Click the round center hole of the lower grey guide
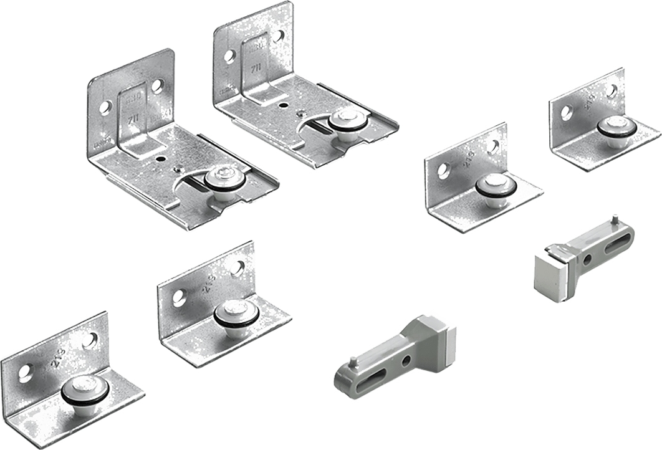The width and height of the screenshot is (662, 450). (x=406, y=361)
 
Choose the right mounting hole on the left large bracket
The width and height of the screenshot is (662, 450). (x=156, y=85)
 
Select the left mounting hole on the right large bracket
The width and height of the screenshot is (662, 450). (x=229, y=56)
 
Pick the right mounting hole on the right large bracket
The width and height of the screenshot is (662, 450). (x=277, y=36)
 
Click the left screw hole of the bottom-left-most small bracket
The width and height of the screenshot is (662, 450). (x=25, y=373)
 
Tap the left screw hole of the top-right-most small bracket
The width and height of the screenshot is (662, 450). (x=567, y=113)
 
